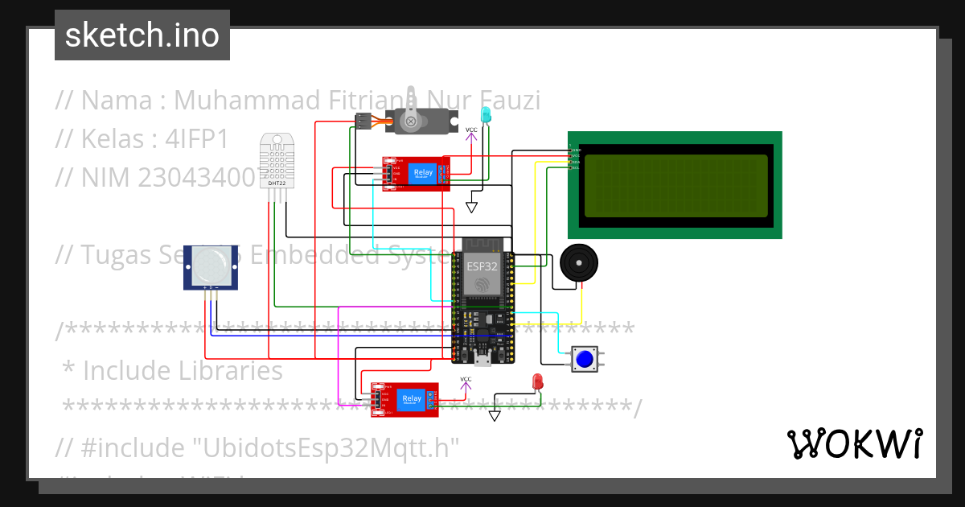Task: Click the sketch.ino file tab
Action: (x=142, y=35)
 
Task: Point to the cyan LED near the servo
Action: (x=486, y=116)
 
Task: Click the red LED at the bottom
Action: (x=537, y=381)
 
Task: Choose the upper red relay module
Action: (x=416, y=173)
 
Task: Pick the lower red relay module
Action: (x=404, y=399)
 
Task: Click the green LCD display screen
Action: (x=675, y=185)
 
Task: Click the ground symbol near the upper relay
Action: (x=471, y=207)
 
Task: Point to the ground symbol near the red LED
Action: (x=495, y=415)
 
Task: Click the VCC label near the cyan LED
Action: (x=471, y=130)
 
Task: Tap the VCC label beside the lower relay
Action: (x=466, y=379)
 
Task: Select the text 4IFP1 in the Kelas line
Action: (x=196, y=139)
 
